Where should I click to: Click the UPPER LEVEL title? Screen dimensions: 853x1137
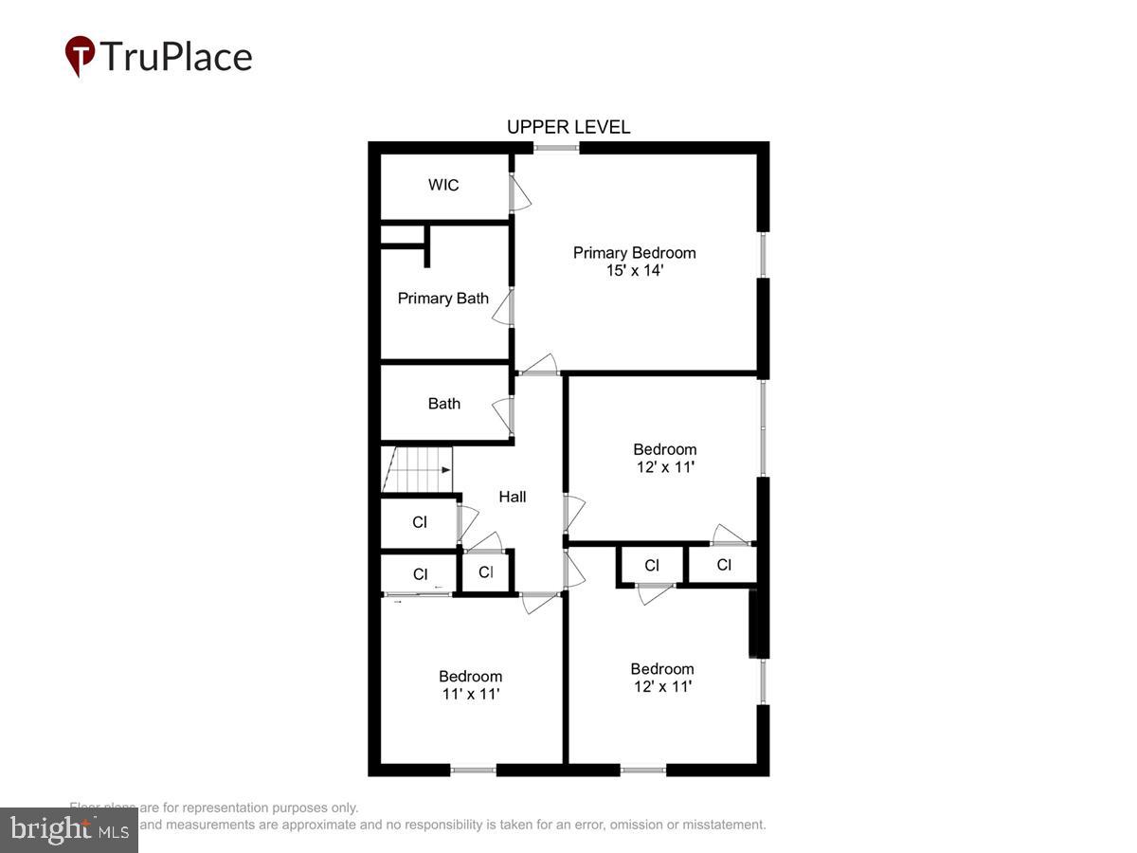click(568, 127)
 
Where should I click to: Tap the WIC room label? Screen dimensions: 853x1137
click(443, 185)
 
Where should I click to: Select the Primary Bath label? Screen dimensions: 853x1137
click(442, 299)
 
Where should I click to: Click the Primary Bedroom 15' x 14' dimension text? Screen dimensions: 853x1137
click(634, 270)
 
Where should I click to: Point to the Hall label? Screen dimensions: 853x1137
click(513, 497)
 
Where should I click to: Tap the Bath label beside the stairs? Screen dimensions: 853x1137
click(443, 404)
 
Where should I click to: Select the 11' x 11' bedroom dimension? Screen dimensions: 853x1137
click(470, 694)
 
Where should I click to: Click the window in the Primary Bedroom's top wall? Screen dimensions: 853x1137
click(556, 148)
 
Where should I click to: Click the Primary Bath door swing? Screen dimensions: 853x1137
click(502, 309)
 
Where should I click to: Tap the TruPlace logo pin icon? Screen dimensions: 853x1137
click(80, 56)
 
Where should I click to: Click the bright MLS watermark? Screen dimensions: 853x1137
click(68, 830)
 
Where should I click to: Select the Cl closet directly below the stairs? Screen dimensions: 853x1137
click(420, 522)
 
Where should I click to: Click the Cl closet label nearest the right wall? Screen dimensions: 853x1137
click(724, 566)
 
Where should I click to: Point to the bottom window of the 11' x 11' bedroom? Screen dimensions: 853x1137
click(473, 770)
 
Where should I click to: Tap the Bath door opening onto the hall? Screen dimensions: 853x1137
click(502, 415)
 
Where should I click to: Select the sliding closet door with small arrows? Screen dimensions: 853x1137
click(417, 594)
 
